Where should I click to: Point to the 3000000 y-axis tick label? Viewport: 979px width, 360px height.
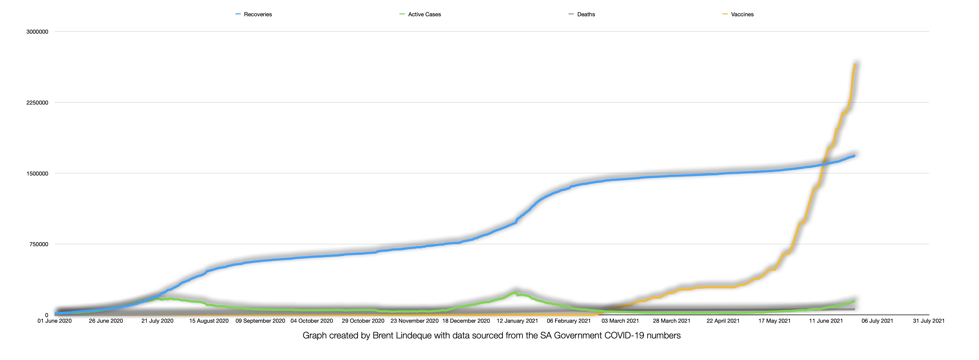37,32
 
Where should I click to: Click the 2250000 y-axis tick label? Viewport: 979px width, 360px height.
37,103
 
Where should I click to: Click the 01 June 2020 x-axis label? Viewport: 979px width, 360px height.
54,321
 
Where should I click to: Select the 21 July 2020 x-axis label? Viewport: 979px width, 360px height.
157,321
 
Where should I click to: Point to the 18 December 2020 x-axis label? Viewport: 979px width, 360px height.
466,321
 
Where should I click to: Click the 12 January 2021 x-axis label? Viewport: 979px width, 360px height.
517,321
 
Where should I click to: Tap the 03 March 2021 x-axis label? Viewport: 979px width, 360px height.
620,321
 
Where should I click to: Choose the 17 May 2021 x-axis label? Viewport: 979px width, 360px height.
775,321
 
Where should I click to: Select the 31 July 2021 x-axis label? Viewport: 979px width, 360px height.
929,321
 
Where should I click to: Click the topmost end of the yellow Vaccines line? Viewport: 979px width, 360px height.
855,64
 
